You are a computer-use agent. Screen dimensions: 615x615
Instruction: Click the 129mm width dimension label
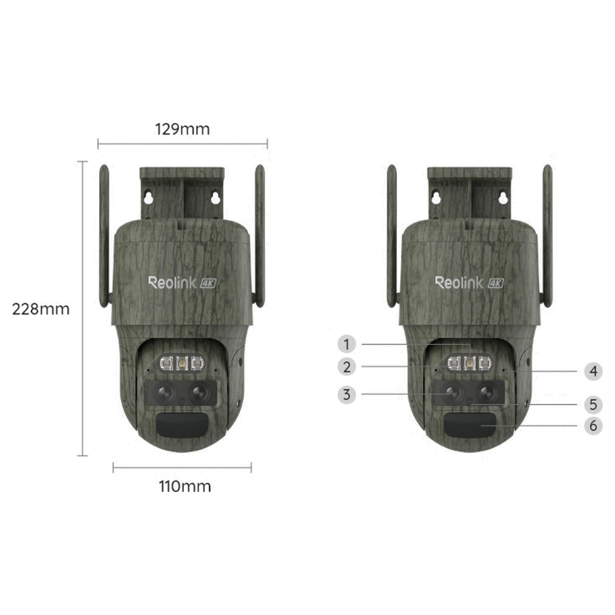pyautogui.click(x=182, y=129)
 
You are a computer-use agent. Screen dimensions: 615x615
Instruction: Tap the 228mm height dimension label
pyautogui.click(x=41, y=309)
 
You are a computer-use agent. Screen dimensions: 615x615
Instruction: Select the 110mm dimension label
pyautogui.click(x=184, y=487)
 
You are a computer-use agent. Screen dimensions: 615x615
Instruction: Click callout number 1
pyautogui.click(x=346, y=344)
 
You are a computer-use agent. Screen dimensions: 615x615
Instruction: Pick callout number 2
pyautogui.click(x=346, y=367)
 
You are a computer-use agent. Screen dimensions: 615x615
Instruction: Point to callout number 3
pyautogui.click(x=346, y=394)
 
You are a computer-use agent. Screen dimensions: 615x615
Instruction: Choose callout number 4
pyautogui.click(x=593, y=371)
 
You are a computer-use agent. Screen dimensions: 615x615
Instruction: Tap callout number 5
pyautogui.click(x=593, y=405)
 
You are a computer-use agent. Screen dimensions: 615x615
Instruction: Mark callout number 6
pyautogui.click(x=593, y=426)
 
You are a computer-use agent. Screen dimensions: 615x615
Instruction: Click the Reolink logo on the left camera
pyautogui.click(x=172, y=282)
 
